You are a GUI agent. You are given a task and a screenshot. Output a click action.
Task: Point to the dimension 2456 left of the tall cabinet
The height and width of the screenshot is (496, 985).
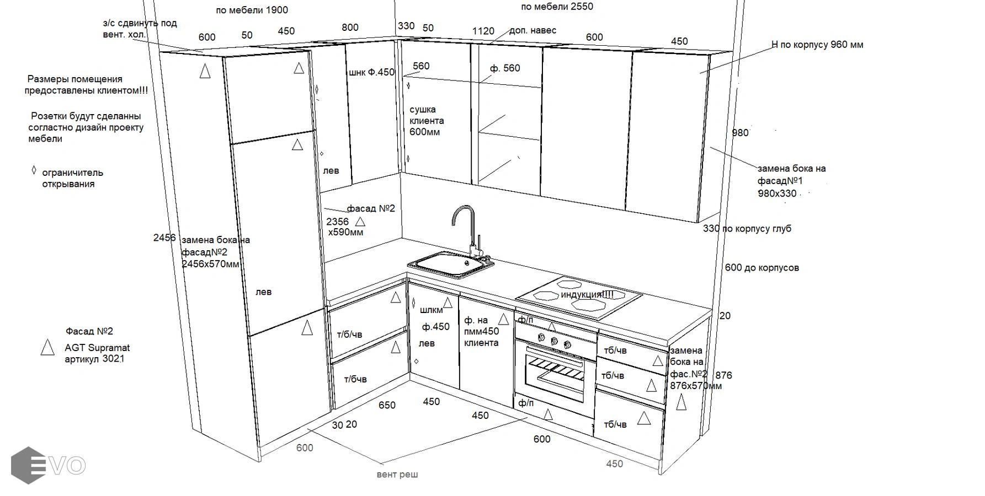coord(164,238)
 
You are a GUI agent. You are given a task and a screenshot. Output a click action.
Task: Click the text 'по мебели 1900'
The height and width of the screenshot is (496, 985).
coord(252,10)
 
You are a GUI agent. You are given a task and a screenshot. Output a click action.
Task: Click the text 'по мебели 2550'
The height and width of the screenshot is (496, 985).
coord(557,7)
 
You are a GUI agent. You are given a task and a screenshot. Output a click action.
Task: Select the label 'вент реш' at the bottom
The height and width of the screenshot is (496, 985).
coord(397,474)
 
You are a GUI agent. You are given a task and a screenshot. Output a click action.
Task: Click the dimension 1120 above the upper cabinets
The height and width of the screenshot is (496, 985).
coord(483,31)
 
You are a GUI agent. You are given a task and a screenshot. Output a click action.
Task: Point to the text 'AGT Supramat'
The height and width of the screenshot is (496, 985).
coord(97,348)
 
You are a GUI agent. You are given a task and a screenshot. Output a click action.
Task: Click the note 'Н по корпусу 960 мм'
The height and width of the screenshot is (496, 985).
coord(817,45)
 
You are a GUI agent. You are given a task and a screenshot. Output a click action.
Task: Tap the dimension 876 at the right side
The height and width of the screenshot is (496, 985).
coord(723,375)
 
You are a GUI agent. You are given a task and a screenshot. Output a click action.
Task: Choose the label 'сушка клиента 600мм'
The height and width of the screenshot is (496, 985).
coord(426,121)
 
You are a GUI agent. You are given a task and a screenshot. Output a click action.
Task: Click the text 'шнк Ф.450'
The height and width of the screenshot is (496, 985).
coord(371,72)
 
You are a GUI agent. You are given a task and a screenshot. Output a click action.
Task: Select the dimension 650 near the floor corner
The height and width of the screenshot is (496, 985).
coord(387,405)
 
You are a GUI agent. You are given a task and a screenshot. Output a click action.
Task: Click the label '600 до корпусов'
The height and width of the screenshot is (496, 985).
coord(762,268)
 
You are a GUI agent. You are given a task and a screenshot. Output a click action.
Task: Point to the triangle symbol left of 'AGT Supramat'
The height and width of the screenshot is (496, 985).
coord(47,347)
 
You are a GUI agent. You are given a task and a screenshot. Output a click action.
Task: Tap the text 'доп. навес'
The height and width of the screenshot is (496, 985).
coord(533,30)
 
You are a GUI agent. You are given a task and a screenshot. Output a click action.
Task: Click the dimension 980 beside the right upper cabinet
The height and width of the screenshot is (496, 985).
coord(740,133)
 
